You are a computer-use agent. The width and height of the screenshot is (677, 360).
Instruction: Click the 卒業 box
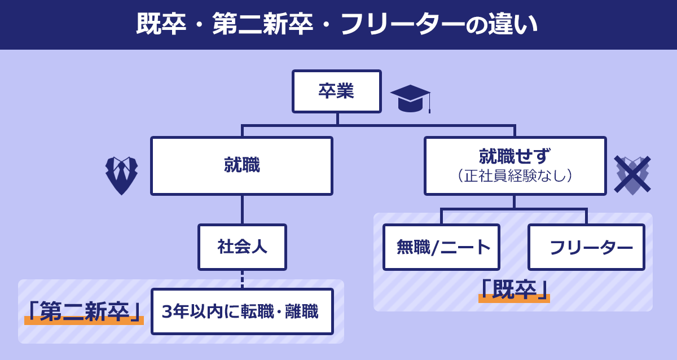[336, 91]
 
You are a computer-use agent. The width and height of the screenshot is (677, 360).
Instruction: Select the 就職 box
[241, 166]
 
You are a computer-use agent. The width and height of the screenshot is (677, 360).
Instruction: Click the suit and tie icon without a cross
[122, 175]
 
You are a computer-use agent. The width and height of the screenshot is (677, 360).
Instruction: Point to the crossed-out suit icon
[632, 175]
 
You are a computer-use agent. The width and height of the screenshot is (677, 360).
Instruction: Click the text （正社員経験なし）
[515, 176]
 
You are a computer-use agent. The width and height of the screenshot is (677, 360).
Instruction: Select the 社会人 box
[242, 247]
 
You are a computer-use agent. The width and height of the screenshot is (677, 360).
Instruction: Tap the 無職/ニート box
[441, 247]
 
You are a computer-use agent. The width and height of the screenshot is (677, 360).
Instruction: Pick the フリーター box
[586, 247]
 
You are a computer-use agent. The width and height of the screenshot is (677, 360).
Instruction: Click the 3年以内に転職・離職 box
[242, 311]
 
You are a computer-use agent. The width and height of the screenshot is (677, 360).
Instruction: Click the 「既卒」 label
[514, 289]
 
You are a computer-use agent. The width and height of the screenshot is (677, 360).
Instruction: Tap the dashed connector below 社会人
[242, 279]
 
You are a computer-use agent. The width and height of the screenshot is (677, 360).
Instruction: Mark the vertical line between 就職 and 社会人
[242, 209]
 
